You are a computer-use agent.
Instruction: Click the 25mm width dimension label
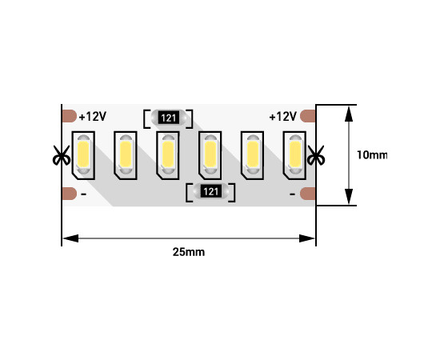(x=189, y=252)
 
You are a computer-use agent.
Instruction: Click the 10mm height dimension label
(x=372, y=155)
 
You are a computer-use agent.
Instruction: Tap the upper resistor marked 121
(x=168, y=118)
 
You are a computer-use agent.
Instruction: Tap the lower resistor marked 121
(x=210, y=192)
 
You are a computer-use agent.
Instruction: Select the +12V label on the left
(x=93, y=116)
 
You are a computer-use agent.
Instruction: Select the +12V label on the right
(x=283, y=116)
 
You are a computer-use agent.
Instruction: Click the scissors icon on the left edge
(x=61, y=155)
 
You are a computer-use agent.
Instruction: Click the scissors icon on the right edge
(x=316, y=155)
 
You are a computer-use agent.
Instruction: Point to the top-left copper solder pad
(x=69, y=116)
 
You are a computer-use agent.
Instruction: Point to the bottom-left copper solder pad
(x=69, y=194)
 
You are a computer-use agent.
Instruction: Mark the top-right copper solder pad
(x=308, y=116)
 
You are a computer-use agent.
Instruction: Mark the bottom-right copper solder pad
(x=308, y=194)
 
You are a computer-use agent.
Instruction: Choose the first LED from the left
(x=83, y=155)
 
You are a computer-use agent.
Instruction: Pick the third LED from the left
(x=168, y=155)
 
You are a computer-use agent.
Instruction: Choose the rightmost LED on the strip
(x=294, y=155)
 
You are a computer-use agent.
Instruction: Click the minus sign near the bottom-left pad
(x=84, y=194)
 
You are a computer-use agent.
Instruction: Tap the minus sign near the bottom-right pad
(x=292, y=194)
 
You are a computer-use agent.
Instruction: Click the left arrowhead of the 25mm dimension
(x=70, y=238)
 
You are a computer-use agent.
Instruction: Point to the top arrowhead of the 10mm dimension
(x=349, y=114)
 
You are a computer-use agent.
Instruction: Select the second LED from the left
(x=126, y=155)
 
